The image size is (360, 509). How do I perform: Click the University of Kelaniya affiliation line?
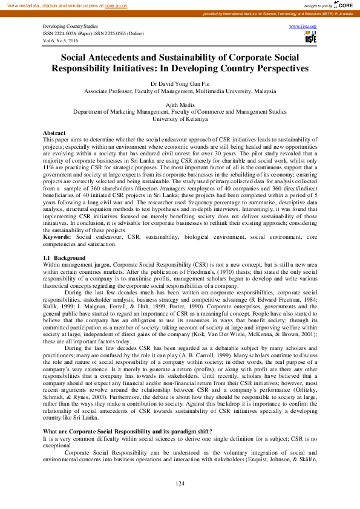point(180,118)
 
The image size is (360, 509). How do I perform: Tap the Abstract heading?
point(55,132)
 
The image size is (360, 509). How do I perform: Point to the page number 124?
point(180,484)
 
